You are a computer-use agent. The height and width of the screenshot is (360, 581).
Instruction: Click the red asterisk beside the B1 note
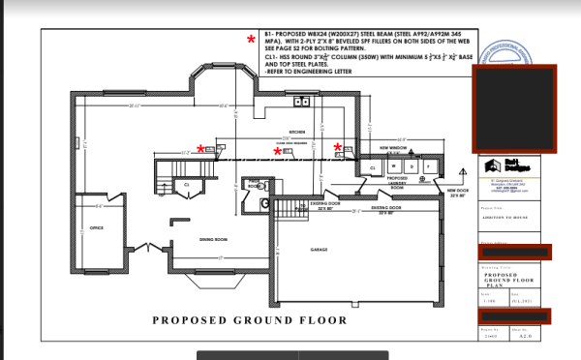point(251,40)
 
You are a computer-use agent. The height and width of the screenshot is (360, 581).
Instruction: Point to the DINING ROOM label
point(212,238)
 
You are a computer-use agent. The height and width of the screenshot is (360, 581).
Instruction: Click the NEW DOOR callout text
point(456,190)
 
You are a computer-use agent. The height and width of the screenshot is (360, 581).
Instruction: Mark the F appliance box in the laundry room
point(428,166)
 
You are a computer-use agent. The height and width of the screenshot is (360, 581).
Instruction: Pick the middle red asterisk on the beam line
point(278,152)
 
